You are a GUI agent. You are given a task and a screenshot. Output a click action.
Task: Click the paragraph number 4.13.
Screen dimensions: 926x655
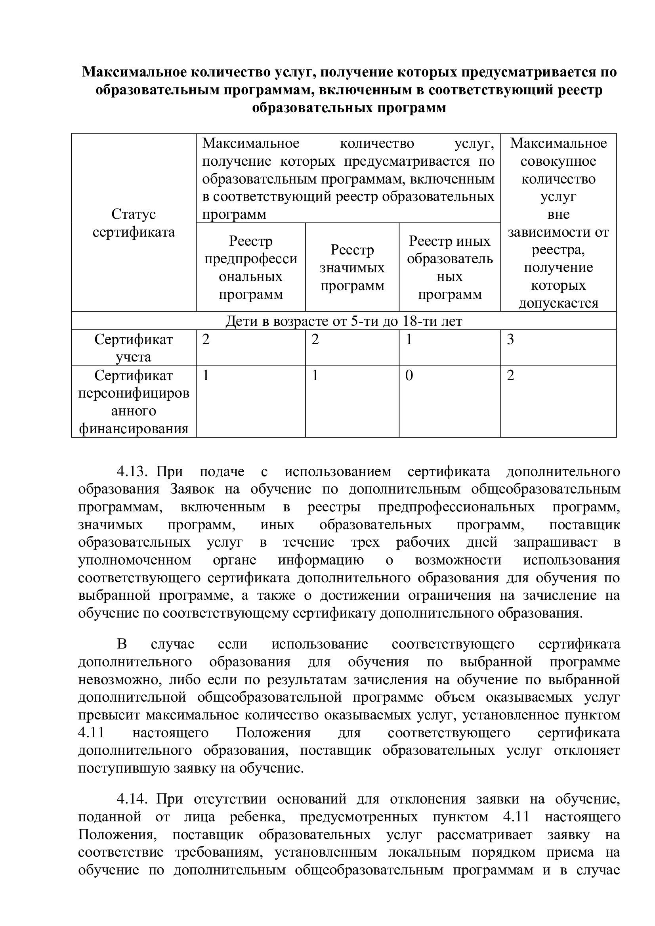pos(133,471)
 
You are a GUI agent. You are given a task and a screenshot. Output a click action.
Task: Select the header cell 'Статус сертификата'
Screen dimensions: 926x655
pos(134,223)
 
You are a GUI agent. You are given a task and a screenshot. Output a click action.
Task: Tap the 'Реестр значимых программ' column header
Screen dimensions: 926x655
pos(352,268)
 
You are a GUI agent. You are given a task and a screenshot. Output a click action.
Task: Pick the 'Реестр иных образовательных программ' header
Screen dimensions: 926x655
pos(450,268)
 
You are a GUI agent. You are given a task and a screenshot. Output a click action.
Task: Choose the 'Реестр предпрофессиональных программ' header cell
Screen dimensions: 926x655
pos(250,268)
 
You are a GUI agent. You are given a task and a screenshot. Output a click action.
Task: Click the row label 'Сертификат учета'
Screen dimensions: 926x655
pos(134,348)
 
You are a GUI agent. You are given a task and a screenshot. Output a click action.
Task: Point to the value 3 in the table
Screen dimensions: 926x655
pos(510,340)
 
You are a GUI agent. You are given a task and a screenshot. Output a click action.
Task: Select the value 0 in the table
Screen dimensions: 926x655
pos(409,376)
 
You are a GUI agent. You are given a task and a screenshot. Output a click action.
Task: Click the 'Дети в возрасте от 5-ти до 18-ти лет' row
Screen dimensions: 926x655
pos(344,321)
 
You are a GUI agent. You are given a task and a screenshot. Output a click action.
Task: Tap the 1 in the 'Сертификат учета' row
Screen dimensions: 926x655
pos(409,340)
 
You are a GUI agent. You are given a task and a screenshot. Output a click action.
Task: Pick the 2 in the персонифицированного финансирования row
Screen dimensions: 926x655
pos(510,376)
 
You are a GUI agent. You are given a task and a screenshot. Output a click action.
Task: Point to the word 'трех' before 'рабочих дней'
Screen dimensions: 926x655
pos(365,542)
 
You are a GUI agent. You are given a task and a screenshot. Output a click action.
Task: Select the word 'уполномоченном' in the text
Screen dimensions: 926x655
pos(135,560)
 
